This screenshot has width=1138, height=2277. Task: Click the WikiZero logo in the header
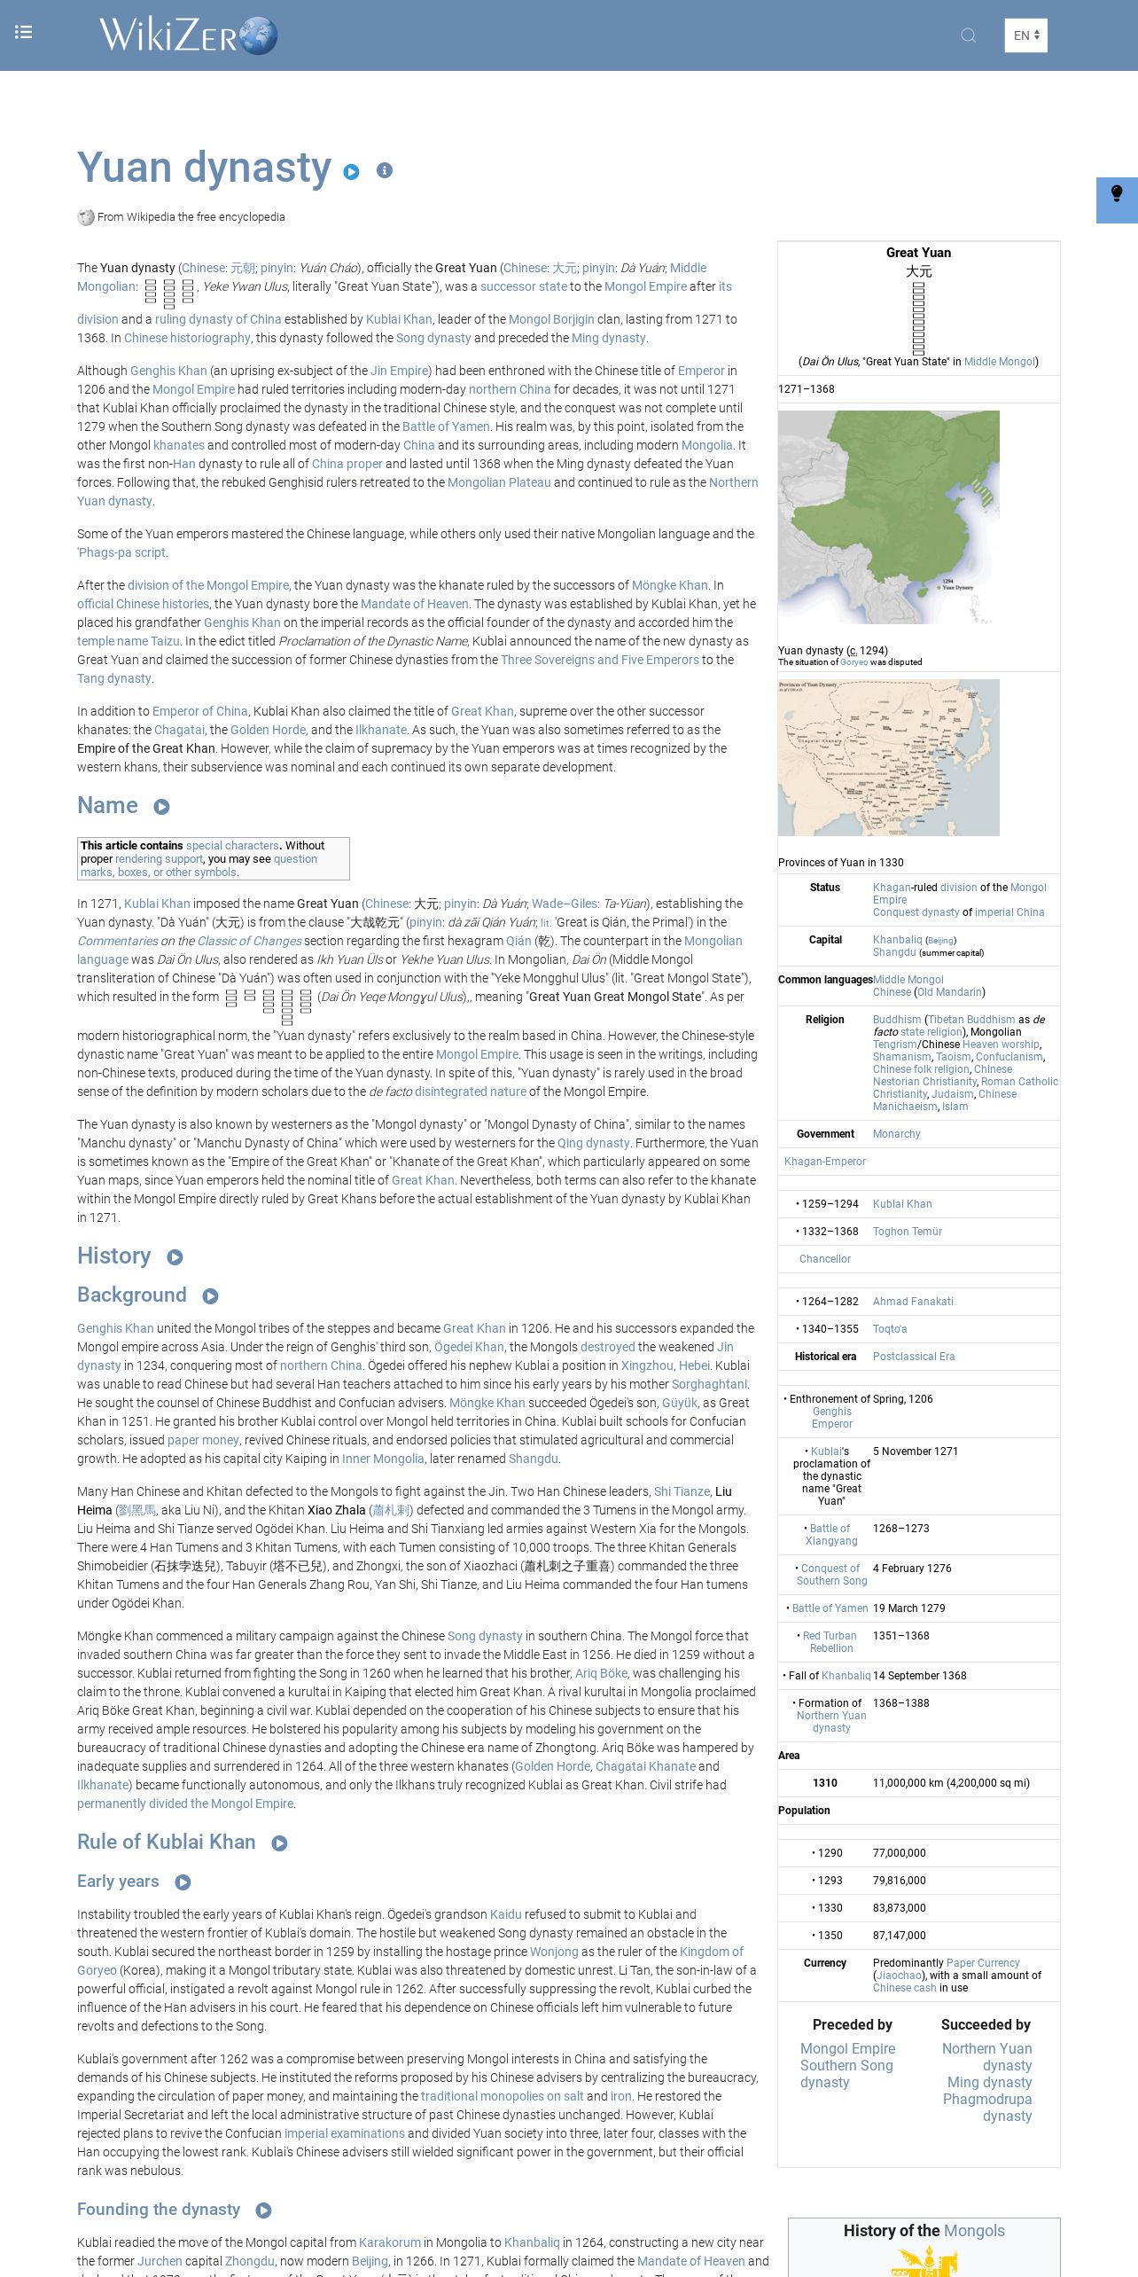(x=188, y=35)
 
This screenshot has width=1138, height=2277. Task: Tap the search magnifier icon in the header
(x=969, y=35)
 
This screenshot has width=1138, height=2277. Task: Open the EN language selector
(x=1025, y=35)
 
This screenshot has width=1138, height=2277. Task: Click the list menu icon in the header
(x=24, y=33)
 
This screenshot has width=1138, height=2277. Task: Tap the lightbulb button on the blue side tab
(x=1117, y=194)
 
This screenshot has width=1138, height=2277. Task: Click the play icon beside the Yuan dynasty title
(x=352, y=172)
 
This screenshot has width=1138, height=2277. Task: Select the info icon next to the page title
(x=384, y=170)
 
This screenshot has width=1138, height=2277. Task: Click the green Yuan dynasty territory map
(x=888, y=517)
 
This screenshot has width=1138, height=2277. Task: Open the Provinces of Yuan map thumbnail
(x=888, y=757)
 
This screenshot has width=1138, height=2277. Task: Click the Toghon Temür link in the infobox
(x=907, y=1232)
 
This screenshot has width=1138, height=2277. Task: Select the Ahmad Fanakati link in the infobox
(x=913, y=1302)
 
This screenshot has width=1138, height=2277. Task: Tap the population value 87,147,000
(x=899, y=1936)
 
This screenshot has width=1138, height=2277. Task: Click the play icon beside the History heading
(x=175, y=1257)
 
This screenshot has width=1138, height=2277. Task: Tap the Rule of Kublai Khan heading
(x=166, y=1842)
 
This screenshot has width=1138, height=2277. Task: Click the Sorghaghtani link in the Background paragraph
(x=709, y=1384)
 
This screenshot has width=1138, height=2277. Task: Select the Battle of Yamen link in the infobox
(x=830, y=1608)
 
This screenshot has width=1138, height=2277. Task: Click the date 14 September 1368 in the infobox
(x=919, y=1676)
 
